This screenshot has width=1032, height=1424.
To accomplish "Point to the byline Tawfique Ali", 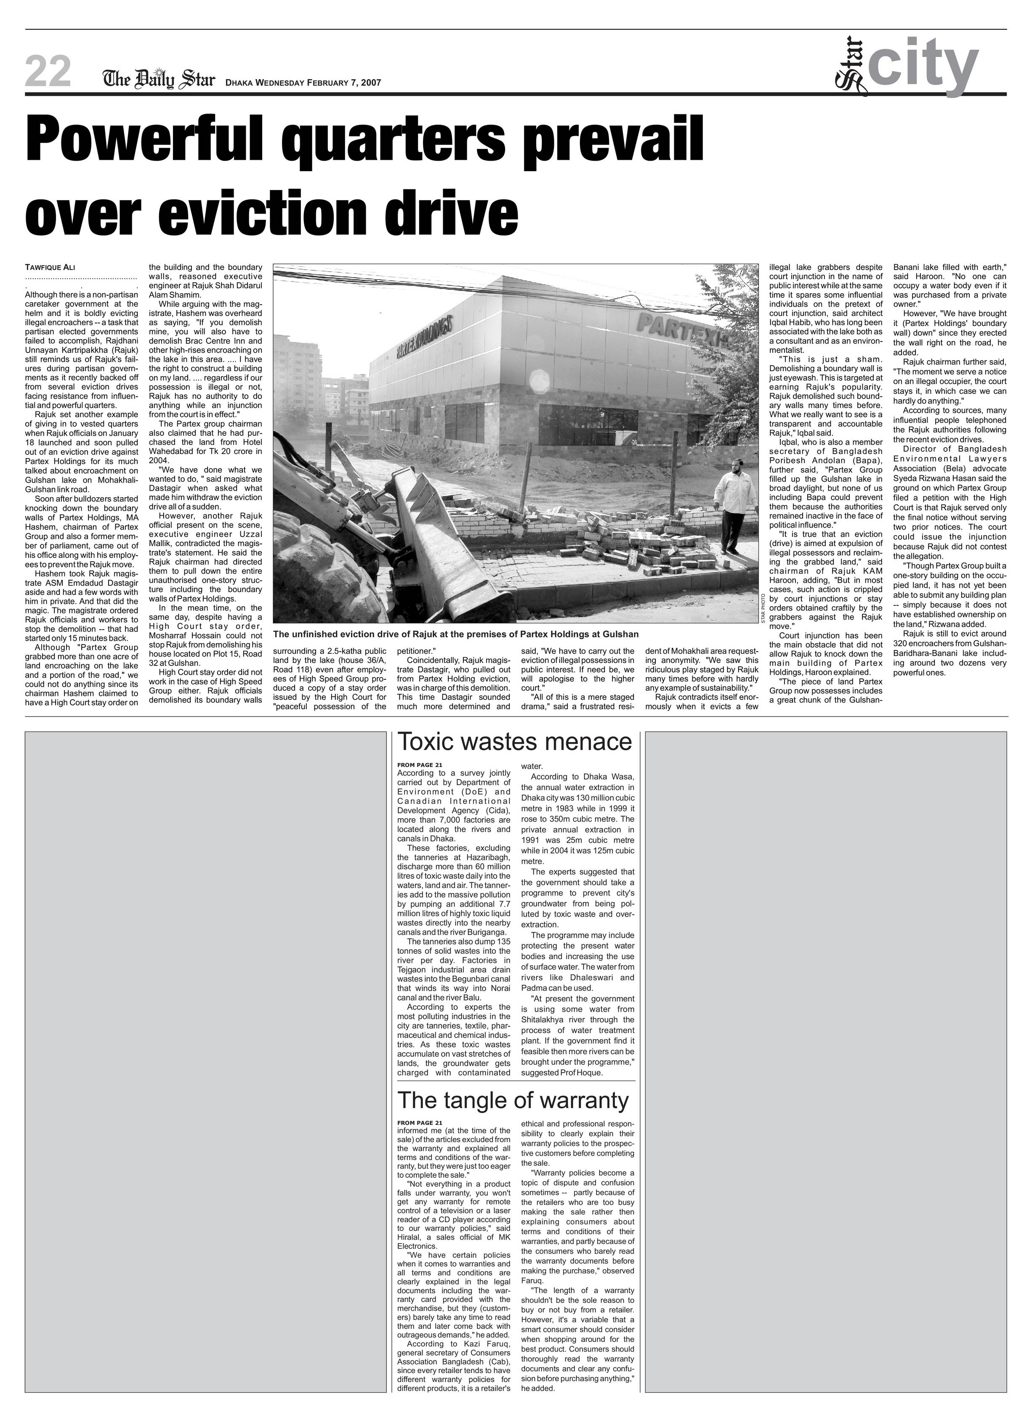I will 50,268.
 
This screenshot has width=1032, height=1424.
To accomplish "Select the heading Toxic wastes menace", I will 514,742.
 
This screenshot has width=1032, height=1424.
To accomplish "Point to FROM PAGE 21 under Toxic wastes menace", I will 420,764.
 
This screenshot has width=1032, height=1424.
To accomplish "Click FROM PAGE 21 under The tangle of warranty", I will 420,1123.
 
